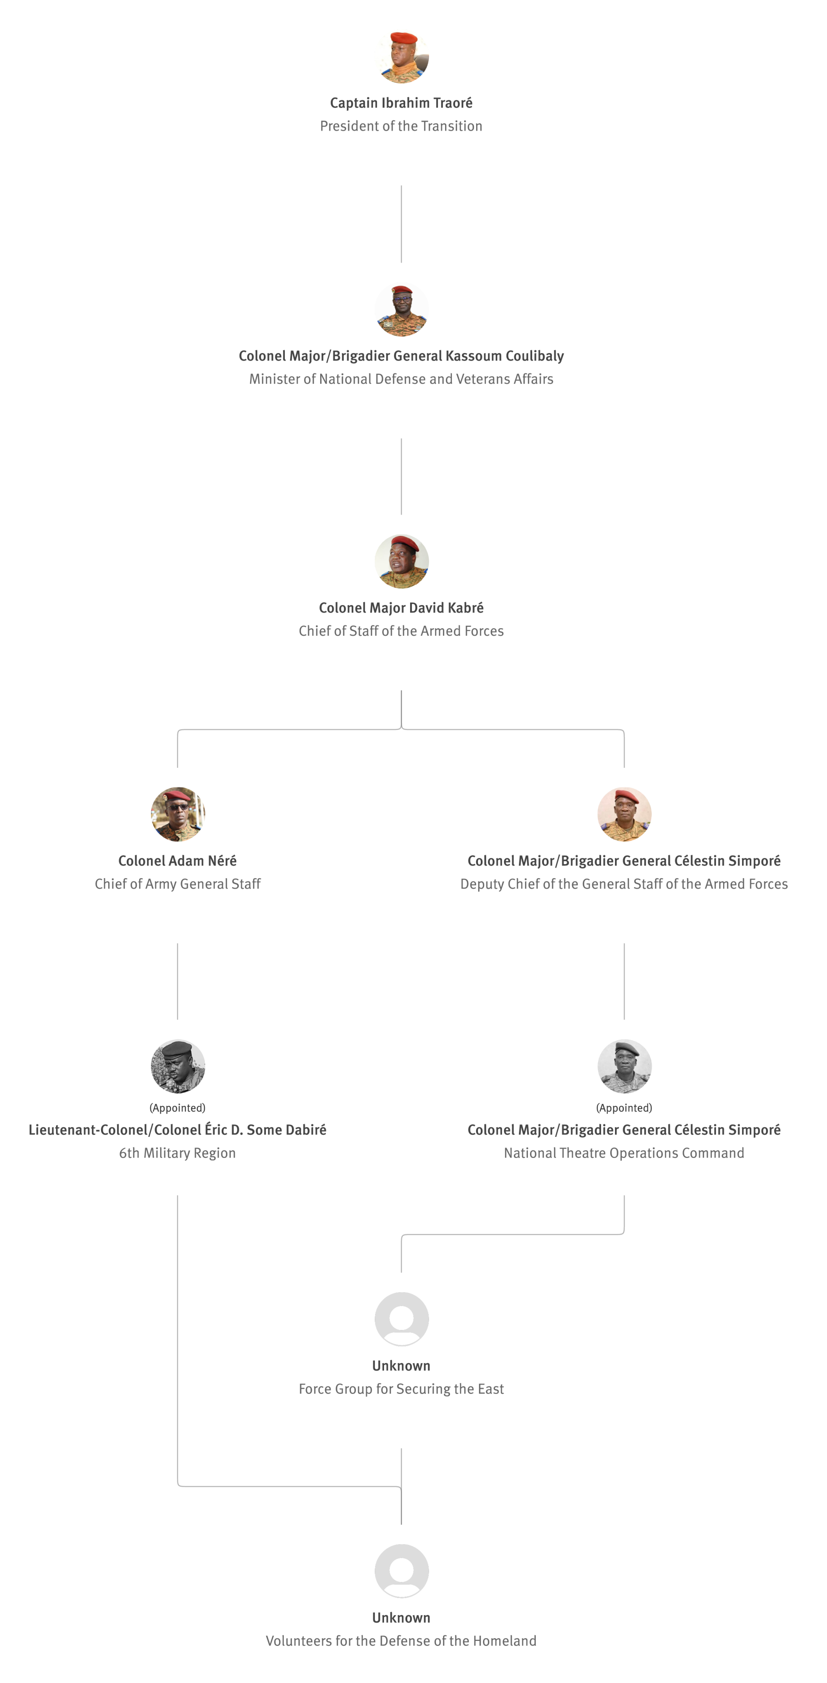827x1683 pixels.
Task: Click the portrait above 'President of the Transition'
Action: point(401,56)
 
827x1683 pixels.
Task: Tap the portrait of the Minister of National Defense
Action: point(401,309)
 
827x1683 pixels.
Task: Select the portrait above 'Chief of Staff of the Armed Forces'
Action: point(401,561)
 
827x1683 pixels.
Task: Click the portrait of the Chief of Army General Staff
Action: point(178,814)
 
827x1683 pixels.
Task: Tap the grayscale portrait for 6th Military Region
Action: point(178,1066)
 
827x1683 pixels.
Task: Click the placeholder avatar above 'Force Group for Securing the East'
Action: point(401,1319)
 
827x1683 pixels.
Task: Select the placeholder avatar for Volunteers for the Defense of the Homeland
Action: point(401,1571)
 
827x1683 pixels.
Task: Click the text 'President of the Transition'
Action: point(401,126)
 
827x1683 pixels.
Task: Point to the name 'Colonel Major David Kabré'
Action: point(401,608)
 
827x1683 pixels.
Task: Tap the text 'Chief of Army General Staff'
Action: point(178,884)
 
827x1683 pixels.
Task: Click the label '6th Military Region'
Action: point(178,1153)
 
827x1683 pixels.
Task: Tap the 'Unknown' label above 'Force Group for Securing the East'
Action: point(401,1365)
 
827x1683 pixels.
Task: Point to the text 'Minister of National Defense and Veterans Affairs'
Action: point(401,379)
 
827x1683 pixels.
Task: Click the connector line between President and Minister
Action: point(401,224)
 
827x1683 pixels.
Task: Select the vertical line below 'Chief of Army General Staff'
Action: point(178,981)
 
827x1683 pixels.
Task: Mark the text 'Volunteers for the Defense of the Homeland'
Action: point(401,1641)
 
